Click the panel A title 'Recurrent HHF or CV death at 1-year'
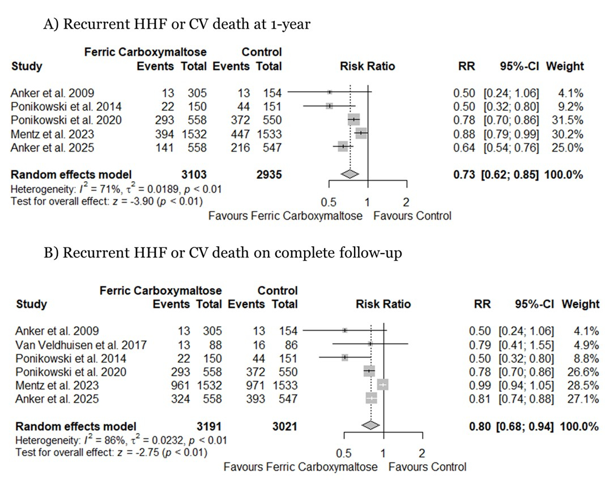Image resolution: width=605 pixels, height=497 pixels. coord(177,24)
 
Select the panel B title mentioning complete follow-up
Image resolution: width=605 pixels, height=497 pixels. coord(223,252)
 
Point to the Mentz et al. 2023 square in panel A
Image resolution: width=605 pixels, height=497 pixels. coord(361,134)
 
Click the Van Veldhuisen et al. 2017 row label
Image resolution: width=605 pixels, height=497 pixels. coord(82,345)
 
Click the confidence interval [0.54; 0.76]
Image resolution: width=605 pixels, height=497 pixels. coord(512,147)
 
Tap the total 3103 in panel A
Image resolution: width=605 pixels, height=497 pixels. coord(194,174)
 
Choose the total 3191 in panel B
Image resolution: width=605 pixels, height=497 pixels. coord(209,426)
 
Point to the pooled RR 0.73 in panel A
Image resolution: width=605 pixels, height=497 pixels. coord(464,174)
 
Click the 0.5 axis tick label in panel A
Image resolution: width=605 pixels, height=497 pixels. coord(329,202)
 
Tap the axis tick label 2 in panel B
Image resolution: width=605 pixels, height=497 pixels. coord(422,453)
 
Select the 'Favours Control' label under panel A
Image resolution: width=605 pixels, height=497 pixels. coord(412,216)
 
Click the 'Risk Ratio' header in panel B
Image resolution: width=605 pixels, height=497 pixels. coord(383,304)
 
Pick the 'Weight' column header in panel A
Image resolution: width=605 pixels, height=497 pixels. coord(564,66)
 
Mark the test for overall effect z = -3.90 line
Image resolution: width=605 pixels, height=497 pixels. coord(107,201)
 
